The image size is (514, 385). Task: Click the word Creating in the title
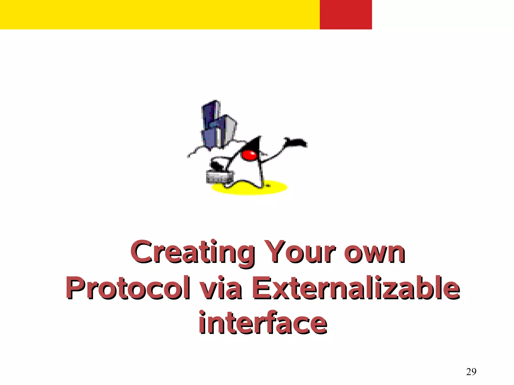point(192,252)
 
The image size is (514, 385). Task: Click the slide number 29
point(471,371)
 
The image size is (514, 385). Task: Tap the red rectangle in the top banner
point(346,15)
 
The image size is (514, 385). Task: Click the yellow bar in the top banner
point(160,15)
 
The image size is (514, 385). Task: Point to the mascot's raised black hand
point(296,142)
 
